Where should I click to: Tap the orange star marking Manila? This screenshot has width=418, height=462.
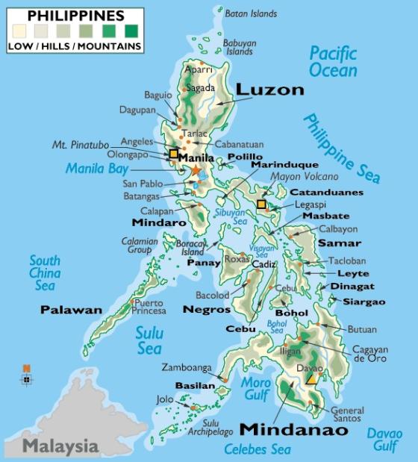click(x=196, y=170)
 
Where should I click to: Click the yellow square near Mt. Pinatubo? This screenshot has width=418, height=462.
click(x=173, y=154)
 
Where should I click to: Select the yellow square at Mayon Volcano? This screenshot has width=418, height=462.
click(x=261, y=204)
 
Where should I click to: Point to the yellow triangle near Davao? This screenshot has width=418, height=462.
click(x=311, y=379)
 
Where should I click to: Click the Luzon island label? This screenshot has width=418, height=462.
click(x=269, y=90)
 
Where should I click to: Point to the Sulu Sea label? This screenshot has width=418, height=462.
click(x=149, y=341)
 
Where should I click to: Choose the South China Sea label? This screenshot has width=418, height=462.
click(x=45, y=272)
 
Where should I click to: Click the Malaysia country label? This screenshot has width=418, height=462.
click(x=60, y=446)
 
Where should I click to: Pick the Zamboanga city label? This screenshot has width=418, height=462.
click(x=185, y=368)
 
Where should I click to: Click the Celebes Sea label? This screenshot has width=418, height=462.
click(x=258, y=449)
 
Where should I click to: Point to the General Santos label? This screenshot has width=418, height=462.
click(x=347, y=415)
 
